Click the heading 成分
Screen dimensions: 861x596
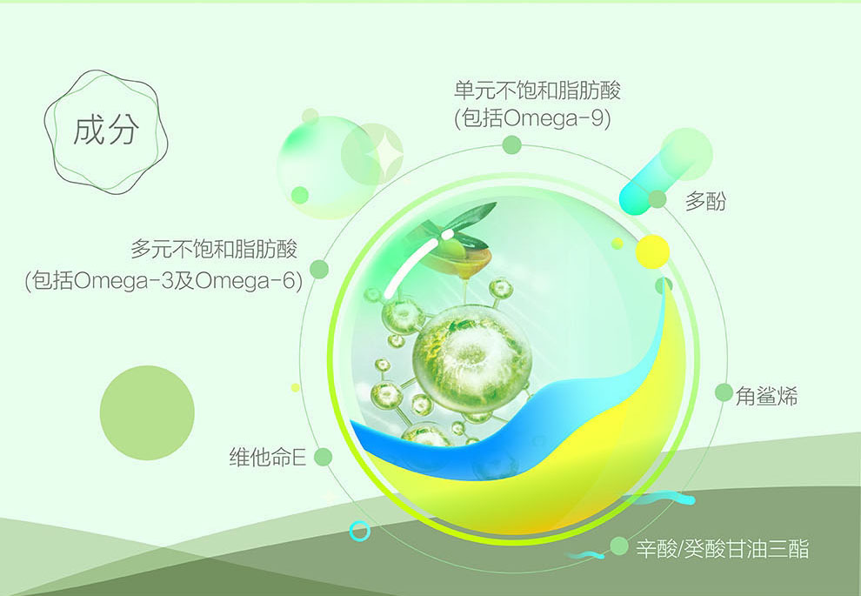click(106, 131)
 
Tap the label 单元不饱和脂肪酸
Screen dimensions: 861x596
click(537, 90)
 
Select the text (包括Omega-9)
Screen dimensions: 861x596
click(532, 118)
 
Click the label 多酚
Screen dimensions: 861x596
click(705, 201)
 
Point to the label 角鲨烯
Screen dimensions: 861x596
click(766, 396)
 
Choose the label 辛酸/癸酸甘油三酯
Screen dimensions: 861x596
click(722, 549)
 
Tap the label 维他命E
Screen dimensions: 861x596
click(267, 457)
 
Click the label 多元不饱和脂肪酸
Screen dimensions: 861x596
click(214, 250)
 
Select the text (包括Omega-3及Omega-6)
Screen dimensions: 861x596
click(164, 281)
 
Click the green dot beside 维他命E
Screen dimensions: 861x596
click(323, 457)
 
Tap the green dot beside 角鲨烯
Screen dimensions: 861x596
click(724, 392)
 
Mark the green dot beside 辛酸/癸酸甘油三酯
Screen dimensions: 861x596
click(619, 546)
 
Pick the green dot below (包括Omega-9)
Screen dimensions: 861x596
click(511, 145)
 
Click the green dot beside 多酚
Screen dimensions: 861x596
click(657, 199)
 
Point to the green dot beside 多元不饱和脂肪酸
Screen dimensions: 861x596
click(319, 269)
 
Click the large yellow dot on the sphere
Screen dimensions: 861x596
click(652, 251)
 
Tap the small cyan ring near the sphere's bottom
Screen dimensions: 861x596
click(360, 531)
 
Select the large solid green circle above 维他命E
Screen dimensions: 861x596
click(147, 412)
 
